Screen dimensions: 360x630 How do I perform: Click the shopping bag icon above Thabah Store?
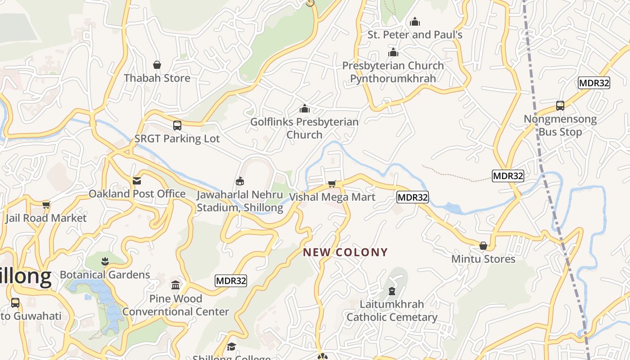point(157,65)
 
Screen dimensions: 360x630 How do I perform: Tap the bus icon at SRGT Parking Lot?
point(177,126)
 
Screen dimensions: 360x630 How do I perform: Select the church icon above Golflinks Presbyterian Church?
point(305,108)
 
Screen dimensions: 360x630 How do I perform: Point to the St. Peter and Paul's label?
point(415,35)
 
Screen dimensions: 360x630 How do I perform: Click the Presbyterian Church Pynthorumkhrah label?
point(393,72)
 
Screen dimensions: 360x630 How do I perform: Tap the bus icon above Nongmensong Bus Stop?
point(560,106)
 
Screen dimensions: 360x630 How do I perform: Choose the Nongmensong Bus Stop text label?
point(560,126)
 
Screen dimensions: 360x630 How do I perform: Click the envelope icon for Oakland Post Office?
point(137,180)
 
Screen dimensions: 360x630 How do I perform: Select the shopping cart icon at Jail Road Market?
point(46,205)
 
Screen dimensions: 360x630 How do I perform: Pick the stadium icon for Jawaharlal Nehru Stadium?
point(240,181)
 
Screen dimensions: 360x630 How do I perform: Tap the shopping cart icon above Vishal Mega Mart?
point(332,184)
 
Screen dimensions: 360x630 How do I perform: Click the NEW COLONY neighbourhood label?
point(345,252)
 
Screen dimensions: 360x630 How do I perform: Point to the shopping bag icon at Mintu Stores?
point(483,246)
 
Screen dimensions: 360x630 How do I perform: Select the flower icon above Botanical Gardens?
point(105,261)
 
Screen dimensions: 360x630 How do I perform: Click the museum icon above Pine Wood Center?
point(175,285)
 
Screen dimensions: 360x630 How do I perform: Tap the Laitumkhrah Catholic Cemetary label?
point(392,310)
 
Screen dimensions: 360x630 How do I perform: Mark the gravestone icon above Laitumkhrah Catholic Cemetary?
point(392,291)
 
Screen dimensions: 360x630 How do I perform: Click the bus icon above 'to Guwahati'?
point(15,303)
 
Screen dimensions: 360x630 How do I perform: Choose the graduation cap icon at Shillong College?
point(231,346)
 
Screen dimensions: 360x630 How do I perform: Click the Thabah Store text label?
point(157,78)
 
